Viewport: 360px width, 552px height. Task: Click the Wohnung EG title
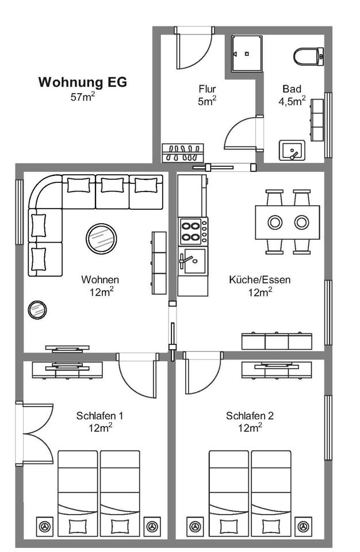coord(82,82)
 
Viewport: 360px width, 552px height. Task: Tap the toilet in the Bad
coord(308,57)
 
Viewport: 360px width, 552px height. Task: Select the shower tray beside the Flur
coord(247,54)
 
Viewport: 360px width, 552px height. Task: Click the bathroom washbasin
coord(292,150)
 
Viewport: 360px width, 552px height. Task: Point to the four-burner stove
coord(193,231)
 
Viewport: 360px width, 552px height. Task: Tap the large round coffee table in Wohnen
coord(101,238)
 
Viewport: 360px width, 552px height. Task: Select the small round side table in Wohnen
coord(37,310)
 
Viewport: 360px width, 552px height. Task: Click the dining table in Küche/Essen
coord(288,222)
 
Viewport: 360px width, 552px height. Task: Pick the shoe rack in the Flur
coord(183,153)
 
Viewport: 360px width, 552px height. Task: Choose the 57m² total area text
coord(83,96)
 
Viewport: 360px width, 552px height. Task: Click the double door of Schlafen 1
coord(35,434)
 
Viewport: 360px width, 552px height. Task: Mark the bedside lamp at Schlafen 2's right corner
coord(303,527)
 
